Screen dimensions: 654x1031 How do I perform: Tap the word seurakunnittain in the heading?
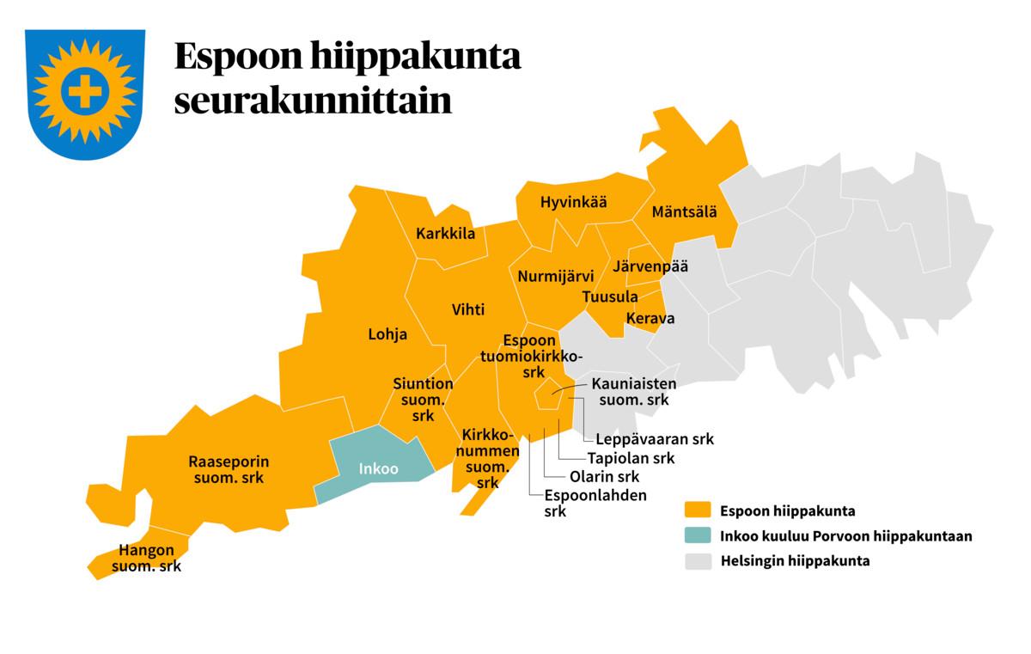point(313,101)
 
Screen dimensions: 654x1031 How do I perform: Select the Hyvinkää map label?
point(573,203)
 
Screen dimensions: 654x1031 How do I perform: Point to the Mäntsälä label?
point(685,211)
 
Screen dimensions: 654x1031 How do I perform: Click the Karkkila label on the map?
point(445,234)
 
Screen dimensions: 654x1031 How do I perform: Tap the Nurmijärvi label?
point(556,277)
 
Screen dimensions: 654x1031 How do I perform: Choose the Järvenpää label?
point(650,266)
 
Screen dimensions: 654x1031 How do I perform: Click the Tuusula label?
point(610,296)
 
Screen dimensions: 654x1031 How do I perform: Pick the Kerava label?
point(650,318)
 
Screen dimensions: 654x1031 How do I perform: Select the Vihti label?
point(468,309)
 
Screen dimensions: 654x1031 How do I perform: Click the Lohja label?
point(387,334)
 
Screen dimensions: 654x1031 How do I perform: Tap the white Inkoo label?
point(378,469)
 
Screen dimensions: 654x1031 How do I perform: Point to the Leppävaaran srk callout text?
point(655,439)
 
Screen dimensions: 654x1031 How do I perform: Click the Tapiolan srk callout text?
point(631,458)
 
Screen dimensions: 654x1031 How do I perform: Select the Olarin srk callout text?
point(604,476)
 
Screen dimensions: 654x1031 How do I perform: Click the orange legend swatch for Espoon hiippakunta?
point(698,510)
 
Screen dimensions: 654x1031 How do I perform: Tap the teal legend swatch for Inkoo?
point(698,536)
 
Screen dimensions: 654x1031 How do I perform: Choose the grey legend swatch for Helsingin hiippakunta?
point(698,561)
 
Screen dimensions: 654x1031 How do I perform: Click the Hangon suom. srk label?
point(147,559)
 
